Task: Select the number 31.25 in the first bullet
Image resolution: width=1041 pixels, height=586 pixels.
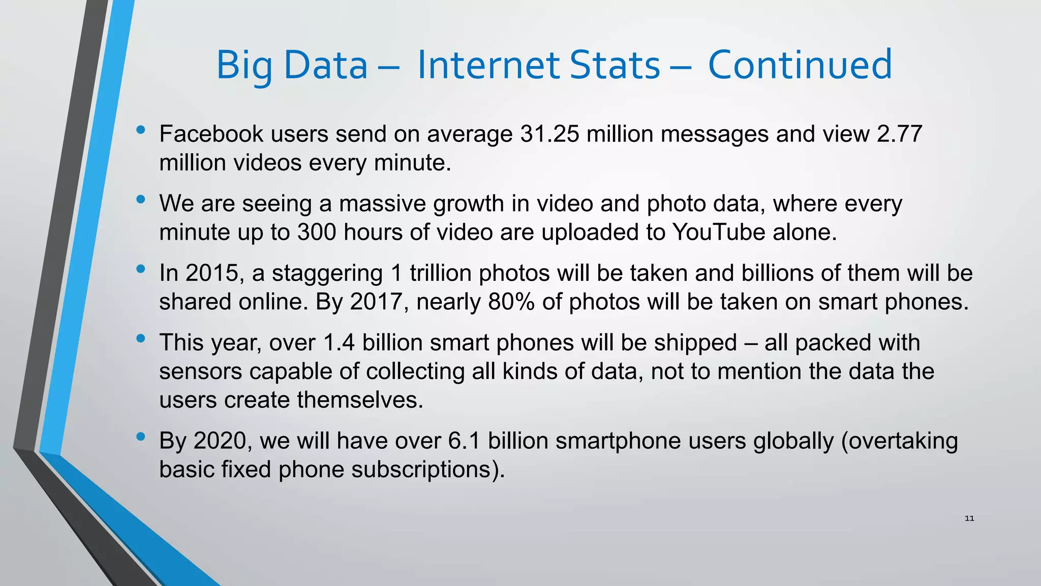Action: [549, 134]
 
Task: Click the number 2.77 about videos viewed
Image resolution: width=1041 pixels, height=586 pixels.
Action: [899, 134]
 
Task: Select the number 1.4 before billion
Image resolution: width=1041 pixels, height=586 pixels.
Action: [339, 343]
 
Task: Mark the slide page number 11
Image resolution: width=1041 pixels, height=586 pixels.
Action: [969, 518]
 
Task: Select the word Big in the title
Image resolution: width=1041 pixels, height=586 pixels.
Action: [244, 66]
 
